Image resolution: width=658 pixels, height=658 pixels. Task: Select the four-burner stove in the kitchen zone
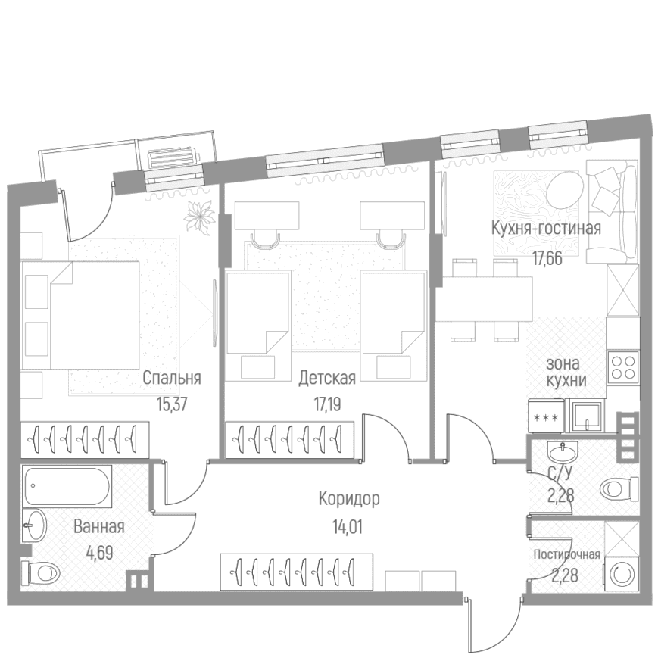point(623,367)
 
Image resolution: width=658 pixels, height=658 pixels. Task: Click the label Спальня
point(172,378)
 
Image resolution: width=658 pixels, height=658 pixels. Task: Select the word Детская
point(327,378)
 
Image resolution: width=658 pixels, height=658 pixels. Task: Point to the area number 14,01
point(348,527)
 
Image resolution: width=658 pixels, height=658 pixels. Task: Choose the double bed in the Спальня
point(80,315)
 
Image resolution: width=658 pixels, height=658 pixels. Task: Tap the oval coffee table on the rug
point(564,192)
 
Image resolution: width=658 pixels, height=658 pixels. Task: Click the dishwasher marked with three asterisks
point(545,416)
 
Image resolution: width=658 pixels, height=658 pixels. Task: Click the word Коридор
point(349,499)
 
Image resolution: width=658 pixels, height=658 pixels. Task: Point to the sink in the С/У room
point(562,452)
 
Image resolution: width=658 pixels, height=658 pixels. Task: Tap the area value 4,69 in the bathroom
point(99,553)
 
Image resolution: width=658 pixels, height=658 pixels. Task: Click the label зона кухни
point(566,372)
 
